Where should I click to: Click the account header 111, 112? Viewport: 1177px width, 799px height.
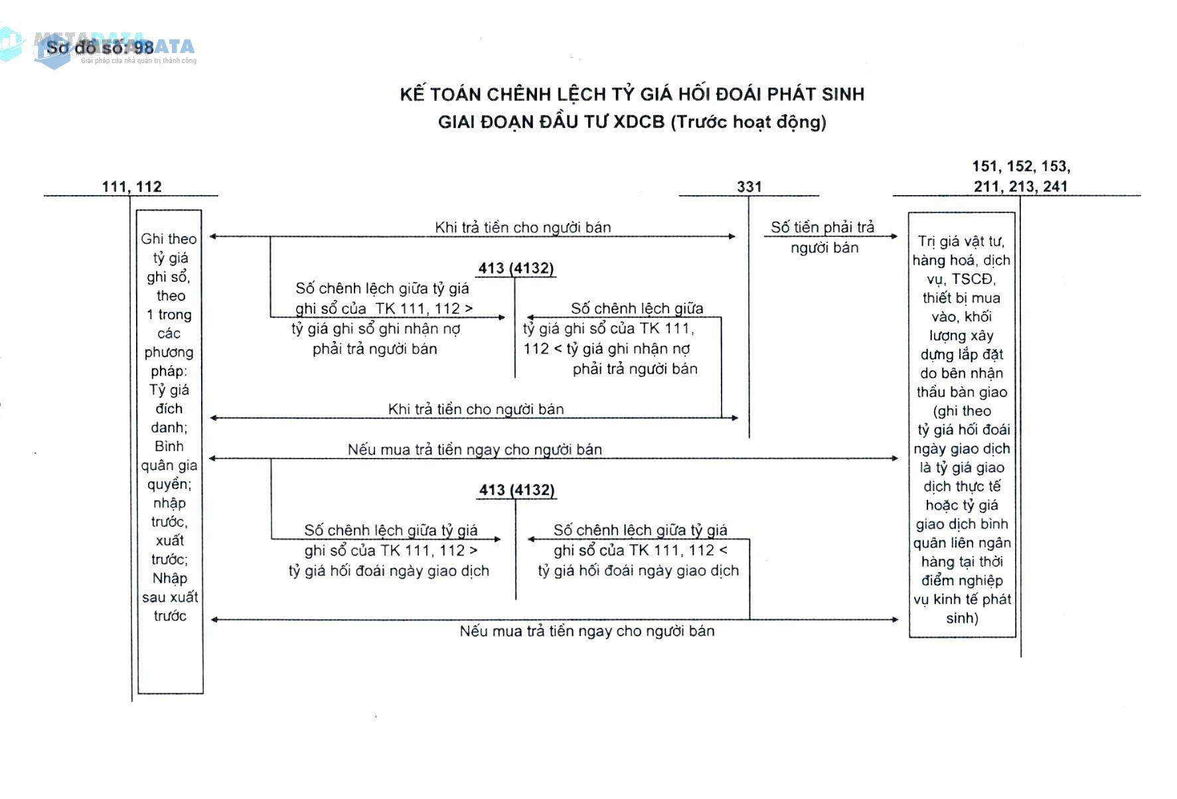[131, 186]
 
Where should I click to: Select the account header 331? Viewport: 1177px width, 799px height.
[749, 187]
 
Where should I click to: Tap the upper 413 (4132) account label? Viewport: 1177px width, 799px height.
[516, 268]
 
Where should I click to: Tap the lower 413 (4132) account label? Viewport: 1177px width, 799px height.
[516, 490]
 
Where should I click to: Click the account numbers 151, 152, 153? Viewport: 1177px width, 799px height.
[1021, 166]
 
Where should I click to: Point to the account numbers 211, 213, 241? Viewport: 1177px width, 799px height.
[1021, 186]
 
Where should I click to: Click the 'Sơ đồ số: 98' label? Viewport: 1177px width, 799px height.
[100, 48]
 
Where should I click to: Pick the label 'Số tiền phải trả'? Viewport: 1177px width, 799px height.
[823, 227]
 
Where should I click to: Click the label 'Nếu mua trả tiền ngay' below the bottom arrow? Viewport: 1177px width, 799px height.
[587, 631]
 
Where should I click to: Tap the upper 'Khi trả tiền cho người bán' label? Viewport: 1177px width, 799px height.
[522, 227]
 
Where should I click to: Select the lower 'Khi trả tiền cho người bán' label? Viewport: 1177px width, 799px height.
[475, 409]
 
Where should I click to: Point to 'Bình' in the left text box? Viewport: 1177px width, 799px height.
[169, 446]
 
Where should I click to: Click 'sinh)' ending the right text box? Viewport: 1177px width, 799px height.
[962, 618]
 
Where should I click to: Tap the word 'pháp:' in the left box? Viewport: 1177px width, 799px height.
[169, 371]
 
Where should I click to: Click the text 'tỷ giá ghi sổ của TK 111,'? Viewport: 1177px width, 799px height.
[608, 328]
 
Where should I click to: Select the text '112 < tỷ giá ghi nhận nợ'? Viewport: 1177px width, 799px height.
[607, 348]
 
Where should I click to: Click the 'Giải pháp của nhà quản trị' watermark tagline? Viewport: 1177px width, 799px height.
[139, 61]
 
